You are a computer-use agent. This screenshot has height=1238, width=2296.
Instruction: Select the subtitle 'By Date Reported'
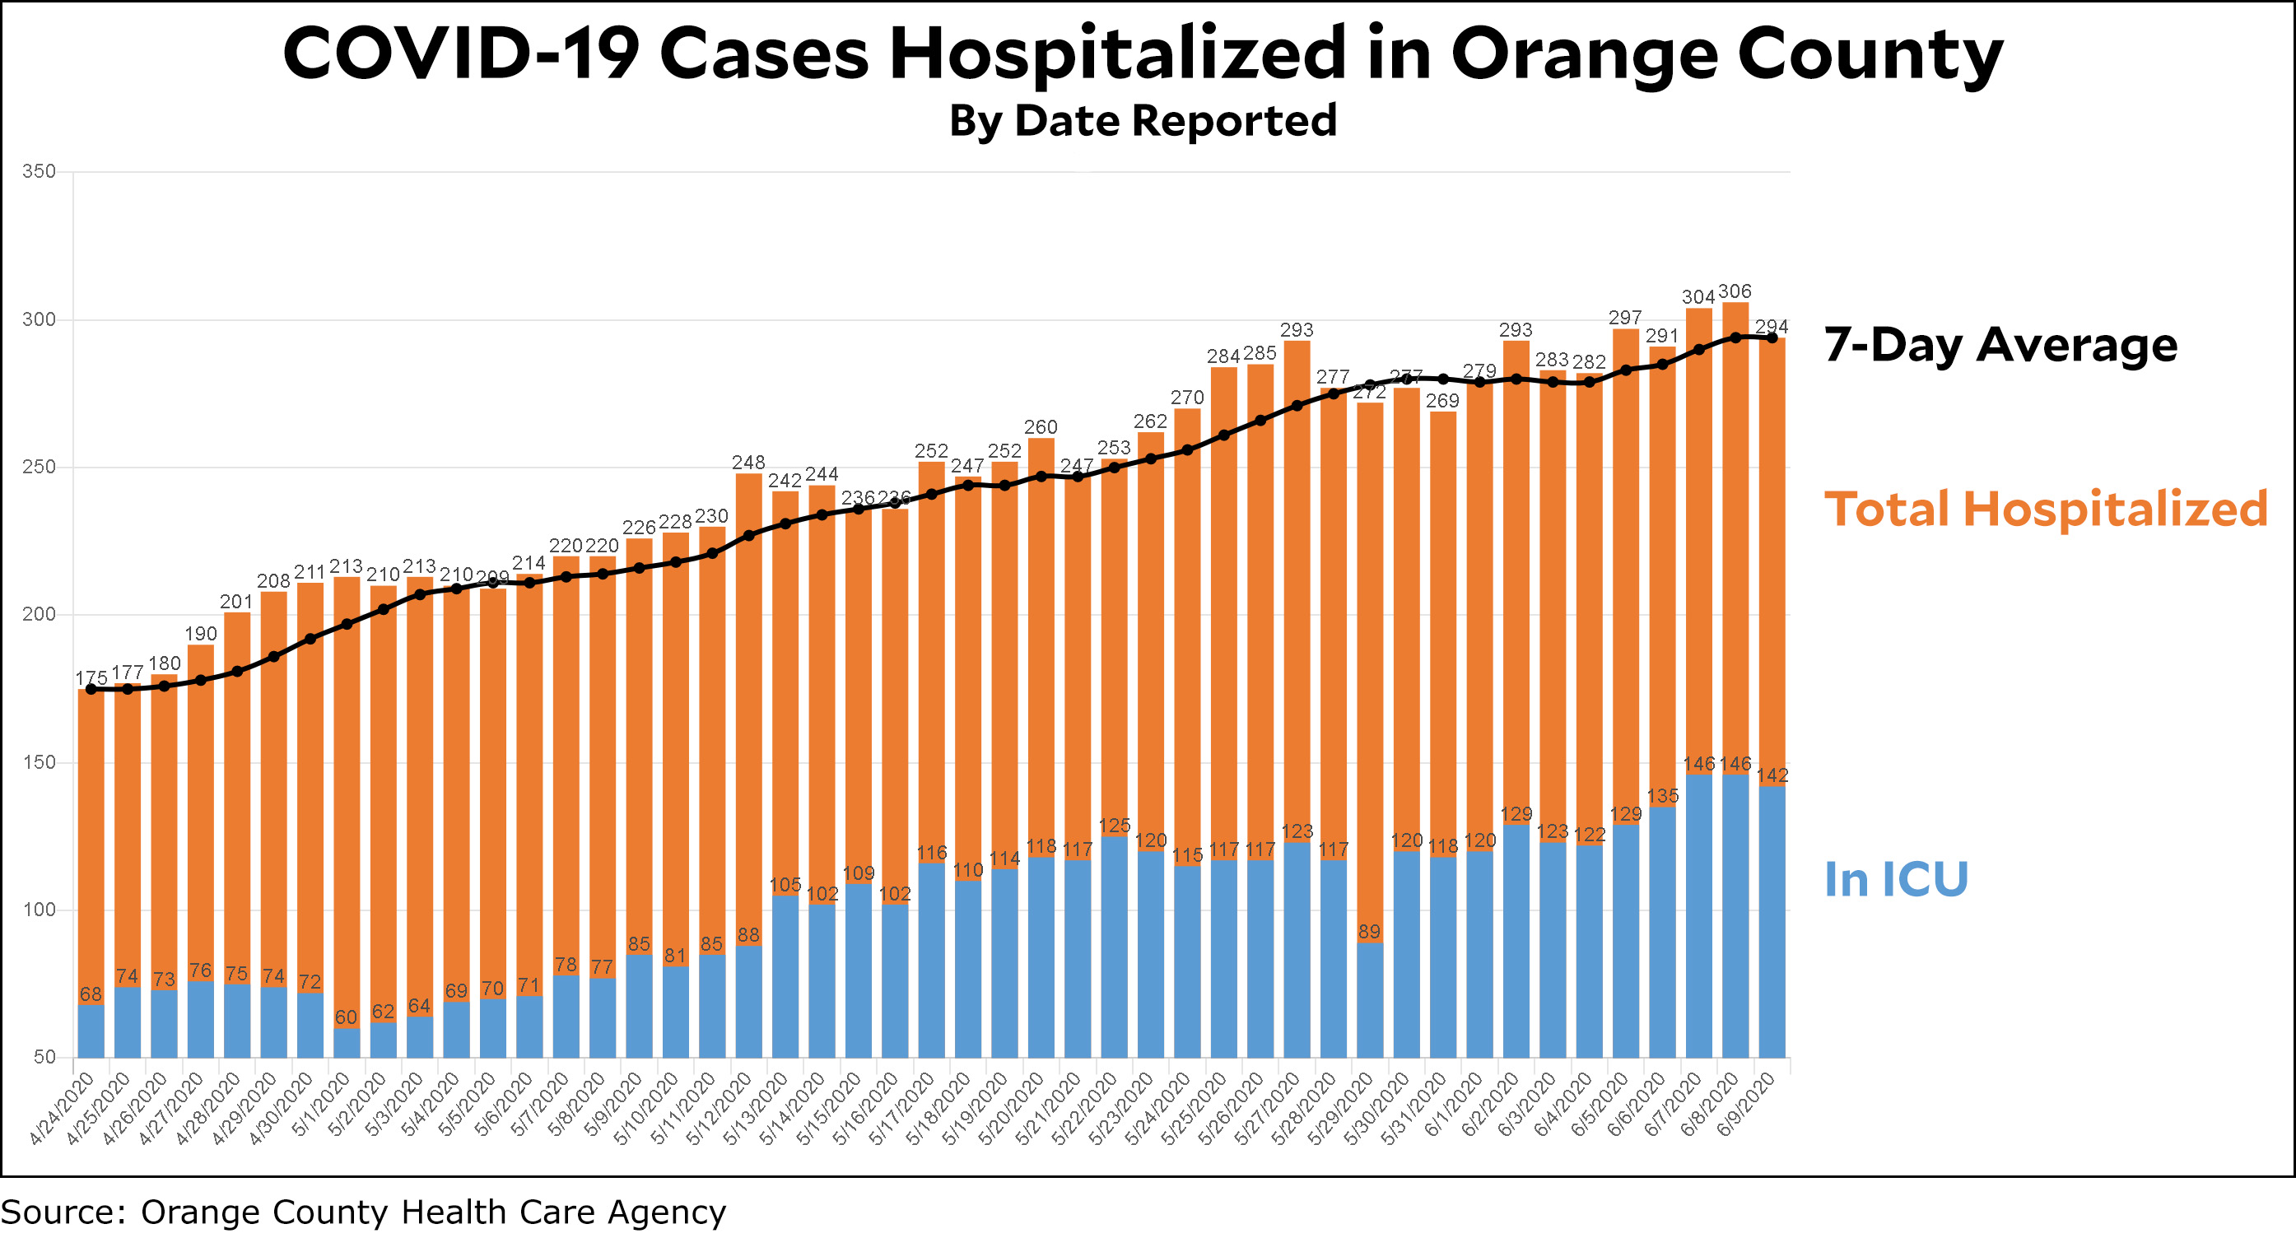[x=1143, y=120]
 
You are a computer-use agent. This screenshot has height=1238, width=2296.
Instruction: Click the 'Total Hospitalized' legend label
[x=2046, y=509]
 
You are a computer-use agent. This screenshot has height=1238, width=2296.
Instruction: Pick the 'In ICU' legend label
[x=1896, y=880]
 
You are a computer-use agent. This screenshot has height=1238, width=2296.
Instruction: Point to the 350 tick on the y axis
[x=40, y=171]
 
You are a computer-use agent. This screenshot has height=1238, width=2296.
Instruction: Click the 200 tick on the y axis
[x=40, y=614]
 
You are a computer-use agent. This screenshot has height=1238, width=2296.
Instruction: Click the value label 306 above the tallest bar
[x=1735, y=291]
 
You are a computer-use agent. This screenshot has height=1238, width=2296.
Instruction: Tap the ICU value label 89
[x=1369, y=932]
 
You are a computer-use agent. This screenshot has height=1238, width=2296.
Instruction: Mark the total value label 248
[x=747, y=463]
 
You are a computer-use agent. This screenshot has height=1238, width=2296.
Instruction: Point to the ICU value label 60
[x=346, y=1017]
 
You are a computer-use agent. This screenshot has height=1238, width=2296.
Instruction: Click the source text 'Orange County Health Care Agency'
[x=433, y=1212]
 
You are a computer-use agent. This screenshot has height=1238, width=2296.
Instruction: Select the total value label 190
[x=201, y=634]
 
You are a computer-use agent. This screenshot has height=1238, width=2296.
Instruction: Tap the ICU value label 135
[x=1662, y=796]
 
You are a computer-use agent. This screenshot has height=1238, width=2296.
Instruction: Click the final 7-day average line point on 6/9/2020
[x=1772, y=337]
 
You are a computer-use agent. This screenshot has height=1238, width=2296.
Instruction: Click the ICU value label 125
[x=1114, y=826]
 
